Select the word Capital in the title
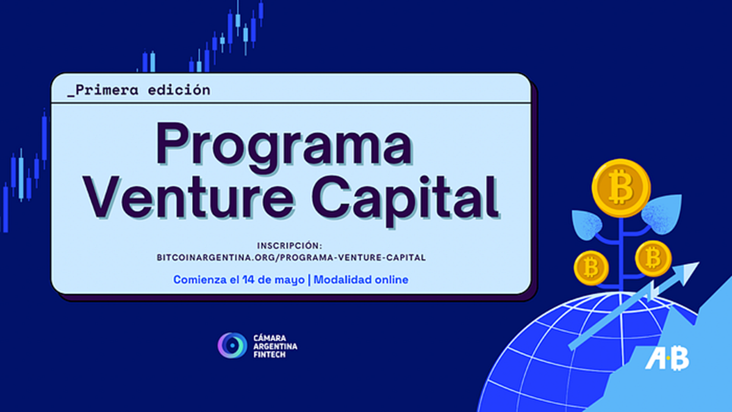pyautogui.click(x=404, y=200)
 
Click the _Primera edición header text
pyautogui.click(x=139, y=90)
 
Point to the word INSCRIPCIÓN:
pyautogui.click(x=290, y=245)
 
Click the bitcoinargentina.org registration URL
pyautogui.click(x=291, y=258)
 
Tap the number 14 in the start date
pyautogui.click(x=248, y=280)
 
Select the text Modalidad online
pyautogui.click(x=361, y=280)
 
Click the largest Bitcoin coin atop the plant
pyautogui.click(x=621, y=187)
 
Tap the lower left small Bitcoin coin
pyautogui.click(x=592, y=268)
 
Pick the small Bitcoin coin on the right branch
pyautogui.click(x=653, y=258)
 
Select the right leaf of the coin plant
pyautogui.click(x=662, y=214)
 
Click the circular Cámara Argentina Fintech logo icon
pyautogui.click(x=232, y=345)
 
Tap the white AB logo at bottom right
pyautogui.click(x=667, y=358)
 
